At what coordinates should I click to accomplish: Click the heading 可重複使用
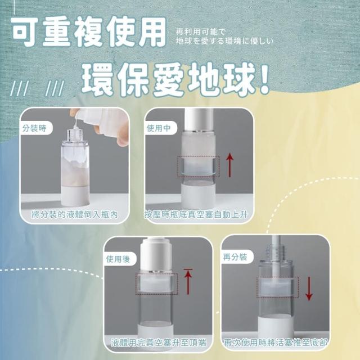pyautogui.click(x=89, y=31)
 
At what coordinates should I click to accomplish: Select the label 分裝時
pyautogui.click(x=34, y=128)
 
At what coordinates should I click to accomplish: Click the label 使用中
pyautogui.click(x=159, y=128)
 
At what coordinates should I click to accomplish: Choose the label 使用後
pyautogui.click(x=118, y=259)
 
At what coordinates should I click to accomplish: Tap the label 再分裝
pyautogui.click(x=235, y=256)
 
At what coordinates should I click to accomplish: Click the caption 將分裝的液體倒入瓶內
pyautogui.click(x=75, y=214)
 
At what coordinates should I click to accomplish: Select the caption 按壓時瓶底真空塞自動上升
pyautogui.click(x=196, y=214)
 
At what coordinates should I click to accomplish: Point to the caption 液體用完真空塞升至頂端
pyautogui.click(x=159, y=343)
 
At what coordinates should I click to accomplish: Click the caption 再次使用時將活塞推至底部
pyautogui.click(x=276, y=343)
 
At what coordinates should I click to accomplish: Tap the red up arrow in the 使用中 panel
pyautogui.click(x=230, y=165)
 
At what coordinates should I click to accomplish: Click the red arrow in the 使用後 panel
pyautogui.click(x=188, y=281)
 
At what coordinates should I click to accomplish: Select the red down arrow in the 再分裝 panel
pyautogui.click(x=309, y=289)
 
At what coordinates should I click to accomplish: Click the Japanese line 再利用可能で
pyautogui.click(x=201, y=32)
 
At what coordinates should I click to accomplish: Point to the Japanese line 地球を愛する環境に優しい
pyautogui.click(x=225, y=41)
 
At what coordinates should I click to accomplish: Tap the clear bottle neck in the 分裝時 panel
pyautogui.click(x=75, y=135)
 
